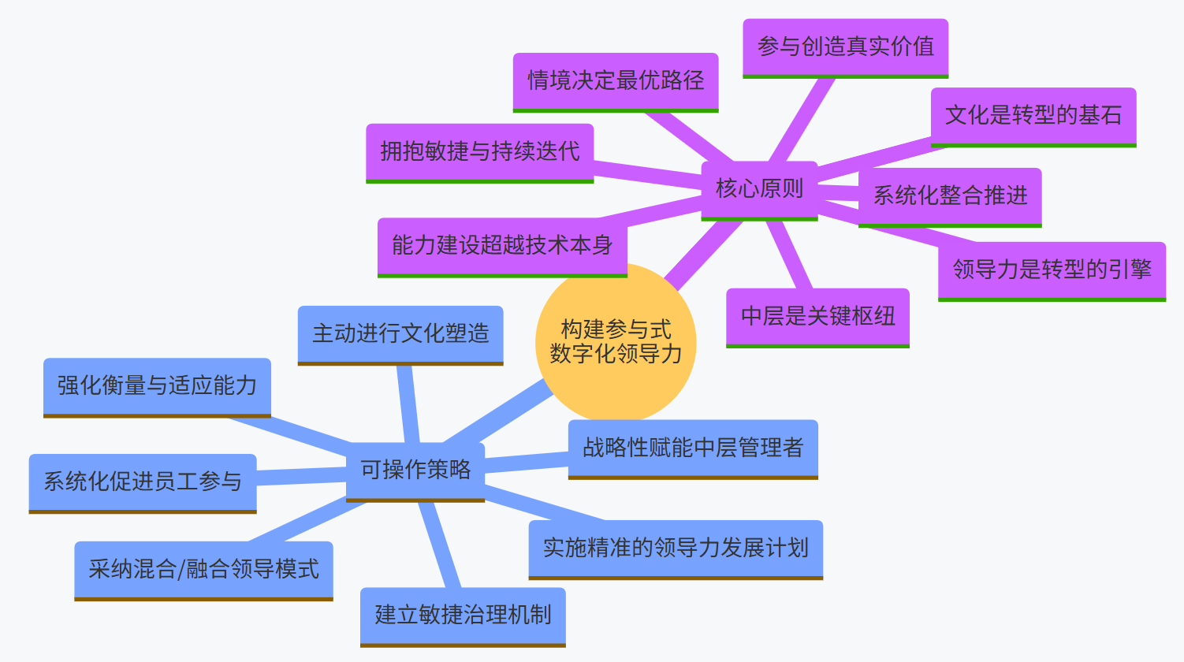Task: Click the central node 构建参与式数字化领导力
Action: click(x=616, y=342)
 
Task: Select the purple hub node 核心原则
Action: click(x=759, y=189)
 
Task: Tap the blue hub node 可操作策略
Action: click(x=415, y=470)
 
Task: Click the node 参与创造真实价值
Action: click(x=845, y=47)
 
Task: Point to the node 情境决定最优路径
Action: click(x=616, y=81)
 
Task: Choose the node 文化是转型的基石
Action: click(x=1033, y=116)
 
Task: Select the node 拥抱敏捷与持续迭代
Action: click(x=479, y=152)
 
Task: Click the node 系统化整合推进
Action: click(x=950, y=196)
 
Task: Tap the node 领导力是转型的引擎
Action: click(x=1052, y=270)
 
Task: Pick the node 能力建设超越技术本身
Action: click(x=502, y=246)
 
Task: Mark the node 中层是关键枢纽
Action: click(x=817, y=317)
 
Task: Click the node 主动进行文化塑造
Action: click(x=400, y=334)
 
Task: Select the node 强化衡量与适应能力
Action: click(x=157, y=386)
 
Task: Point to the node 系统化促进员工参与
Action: click(x=143, y=482)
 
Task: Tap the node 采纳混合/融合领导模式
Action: click(x=203, y=570)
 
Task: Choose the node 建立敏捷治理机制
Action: click(x=463, y=616)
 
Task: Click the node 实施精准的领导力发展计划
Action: click(x=676, y=549)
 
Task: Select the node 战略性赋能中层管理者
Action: click(x=693, y=448)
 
